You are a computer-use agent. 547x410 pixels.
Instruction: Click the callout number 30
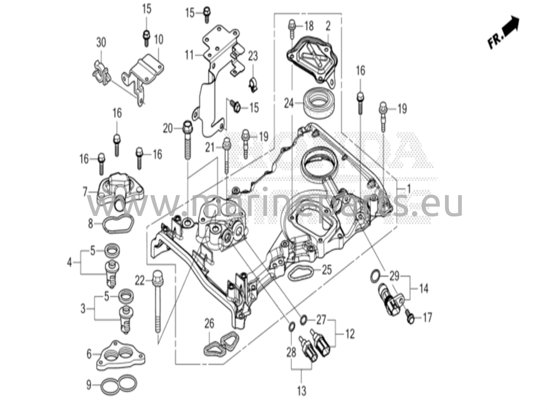101,43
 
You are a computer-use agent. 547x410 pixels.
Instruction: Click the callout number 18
309,26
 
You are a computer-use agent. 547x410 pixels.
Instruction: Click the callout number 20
168,129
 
